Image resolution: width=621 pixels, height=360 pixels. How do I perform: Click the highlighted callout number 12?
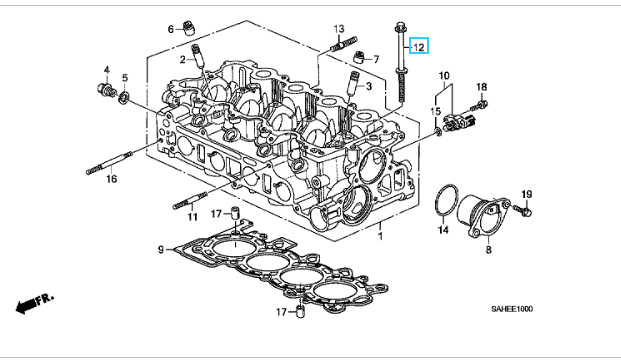tap(419, 47)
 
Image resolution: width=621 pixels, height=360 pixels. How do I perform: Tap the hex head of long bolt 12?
tap(399, 27)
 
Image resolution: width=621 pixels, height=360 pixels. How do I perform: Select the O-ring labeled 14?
tap(447, 200)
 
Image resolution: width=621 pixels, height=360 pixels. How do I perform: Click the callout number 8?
tap(489, 250)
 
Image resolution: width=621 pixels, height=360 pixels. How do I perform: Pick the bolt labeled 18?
tap(479, 106)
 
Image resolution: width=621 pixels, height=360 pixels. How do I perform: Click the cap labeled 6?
tap(189, 29)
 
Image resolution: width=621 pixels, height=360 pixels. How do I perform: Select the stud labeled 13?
tap(344, 44)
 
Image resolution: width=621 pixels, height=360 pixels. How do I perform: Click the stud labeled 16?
tap(109, 162)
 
